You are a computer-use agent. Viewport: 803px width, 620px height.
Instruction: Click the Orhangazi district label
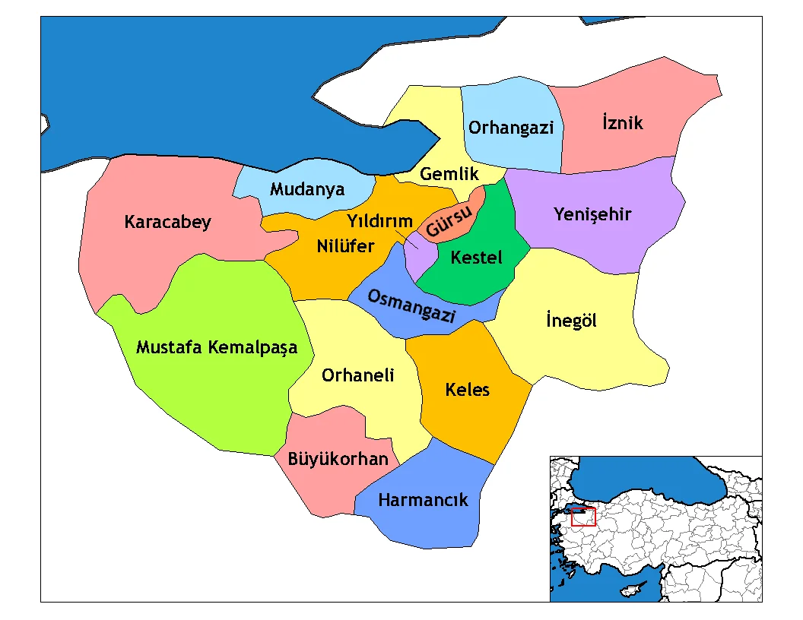pyautogui.click(x=510, y=128)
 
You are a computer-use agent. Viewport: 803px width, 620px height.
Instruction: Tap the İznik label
pyautogui.click(x=622, y=122)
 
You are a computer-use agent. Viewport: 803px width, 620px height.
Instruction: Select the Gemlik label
pyautogui.click(x=449, y=174)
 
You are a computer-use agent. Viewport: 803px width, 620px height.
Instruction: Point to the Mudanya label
pyautogui.click(x=307, y=189)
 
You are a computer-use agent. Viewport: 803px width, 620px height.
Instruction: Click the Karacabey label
pyautogui.click(x=167, y=223)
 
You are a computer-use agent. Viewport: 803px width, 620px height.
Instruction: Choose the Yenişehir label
pyautogui.click(x=592, y=214)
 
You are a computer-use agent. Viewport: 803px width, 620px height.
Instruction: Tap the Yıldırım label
pyautogui.click(x=379, y=221)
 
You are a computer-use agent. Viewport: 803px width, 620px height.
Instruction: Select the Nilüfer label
pyautogui.click(x=345, y=246)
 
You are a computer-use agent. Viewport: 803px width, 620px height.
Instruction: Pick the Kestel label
pyautogui.click(x=476, y=258)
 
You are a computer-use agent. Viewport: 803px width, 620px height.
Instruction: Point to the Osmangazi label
pyautogui.click(x=411, y=306)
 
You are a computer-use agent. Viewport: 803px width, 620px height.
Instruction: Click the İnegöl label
pyautogui.click(x=571, y=321)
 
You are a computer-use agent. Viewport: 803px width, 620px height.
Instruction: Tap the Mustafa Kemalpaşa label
pyautogui.click(x=216, y=348)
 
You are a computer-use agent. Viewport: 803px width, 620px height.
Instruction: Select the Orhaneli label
pyautogui.click(x=357, y=375)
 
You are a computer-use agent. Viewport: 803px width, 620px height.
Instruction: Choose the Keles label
pyautogui.click(x=467, y=391)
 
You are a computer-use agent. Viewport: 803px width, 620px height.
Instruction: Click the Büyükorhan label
pyautogui.click(x=338, y=459)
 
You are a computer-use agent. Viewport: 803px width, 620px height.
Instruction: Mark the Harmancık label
pyautogui.click(x=423, y=500)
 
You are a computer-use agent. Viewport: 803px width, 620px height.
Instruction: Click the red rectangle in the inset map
pyautogui.click(x=583, y=517)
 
